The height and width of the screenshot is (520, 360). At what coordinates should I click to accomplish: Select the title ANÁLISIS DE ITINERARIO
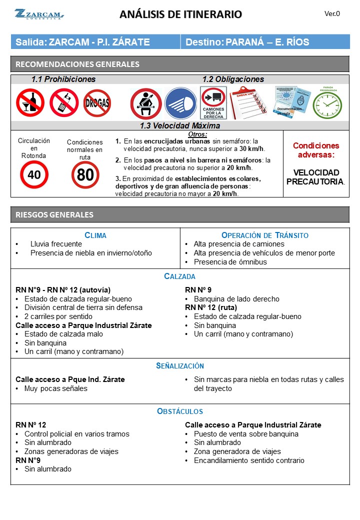(x=180, y=14)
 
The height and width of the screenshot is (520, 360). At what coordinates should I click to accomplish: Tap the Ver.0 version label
(x=332, y=14)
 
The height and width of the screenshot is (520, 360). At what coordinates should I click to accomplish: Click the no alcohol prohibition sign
(x=30, y=102)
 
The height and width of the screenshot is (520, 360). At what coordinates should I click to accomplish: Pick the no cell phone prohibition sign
(x=64, y=102)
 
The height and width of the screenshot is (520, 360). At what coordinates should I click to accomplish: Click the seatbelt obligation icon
(x=145, y=103)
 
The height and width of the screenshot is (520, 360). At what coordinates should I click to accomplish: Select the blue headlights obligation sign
(x=180, y=103)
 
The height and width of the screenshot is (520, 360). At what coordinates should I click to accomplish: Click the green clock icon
(x=327, y=103)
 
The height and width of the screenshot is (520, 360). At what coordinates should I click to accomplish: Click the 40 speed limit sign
(x=34, y=174)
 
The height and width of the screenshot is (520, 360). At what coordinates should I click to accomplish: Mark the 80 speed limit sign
(x=85, y=175)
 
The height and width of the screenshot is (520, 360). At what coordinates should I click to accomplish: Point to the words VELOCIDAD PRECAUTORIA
(x=315, y=177)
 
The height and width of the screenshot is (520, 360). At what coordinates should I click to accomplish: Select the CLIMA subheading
(x=95, y=235)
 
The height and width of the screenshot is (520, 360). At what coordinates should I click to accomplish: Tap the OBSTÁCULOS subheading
(x=180, y=411)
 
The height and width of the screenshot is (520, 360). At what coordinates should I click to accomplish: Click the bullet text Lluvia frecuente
(x=56, y=244)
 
